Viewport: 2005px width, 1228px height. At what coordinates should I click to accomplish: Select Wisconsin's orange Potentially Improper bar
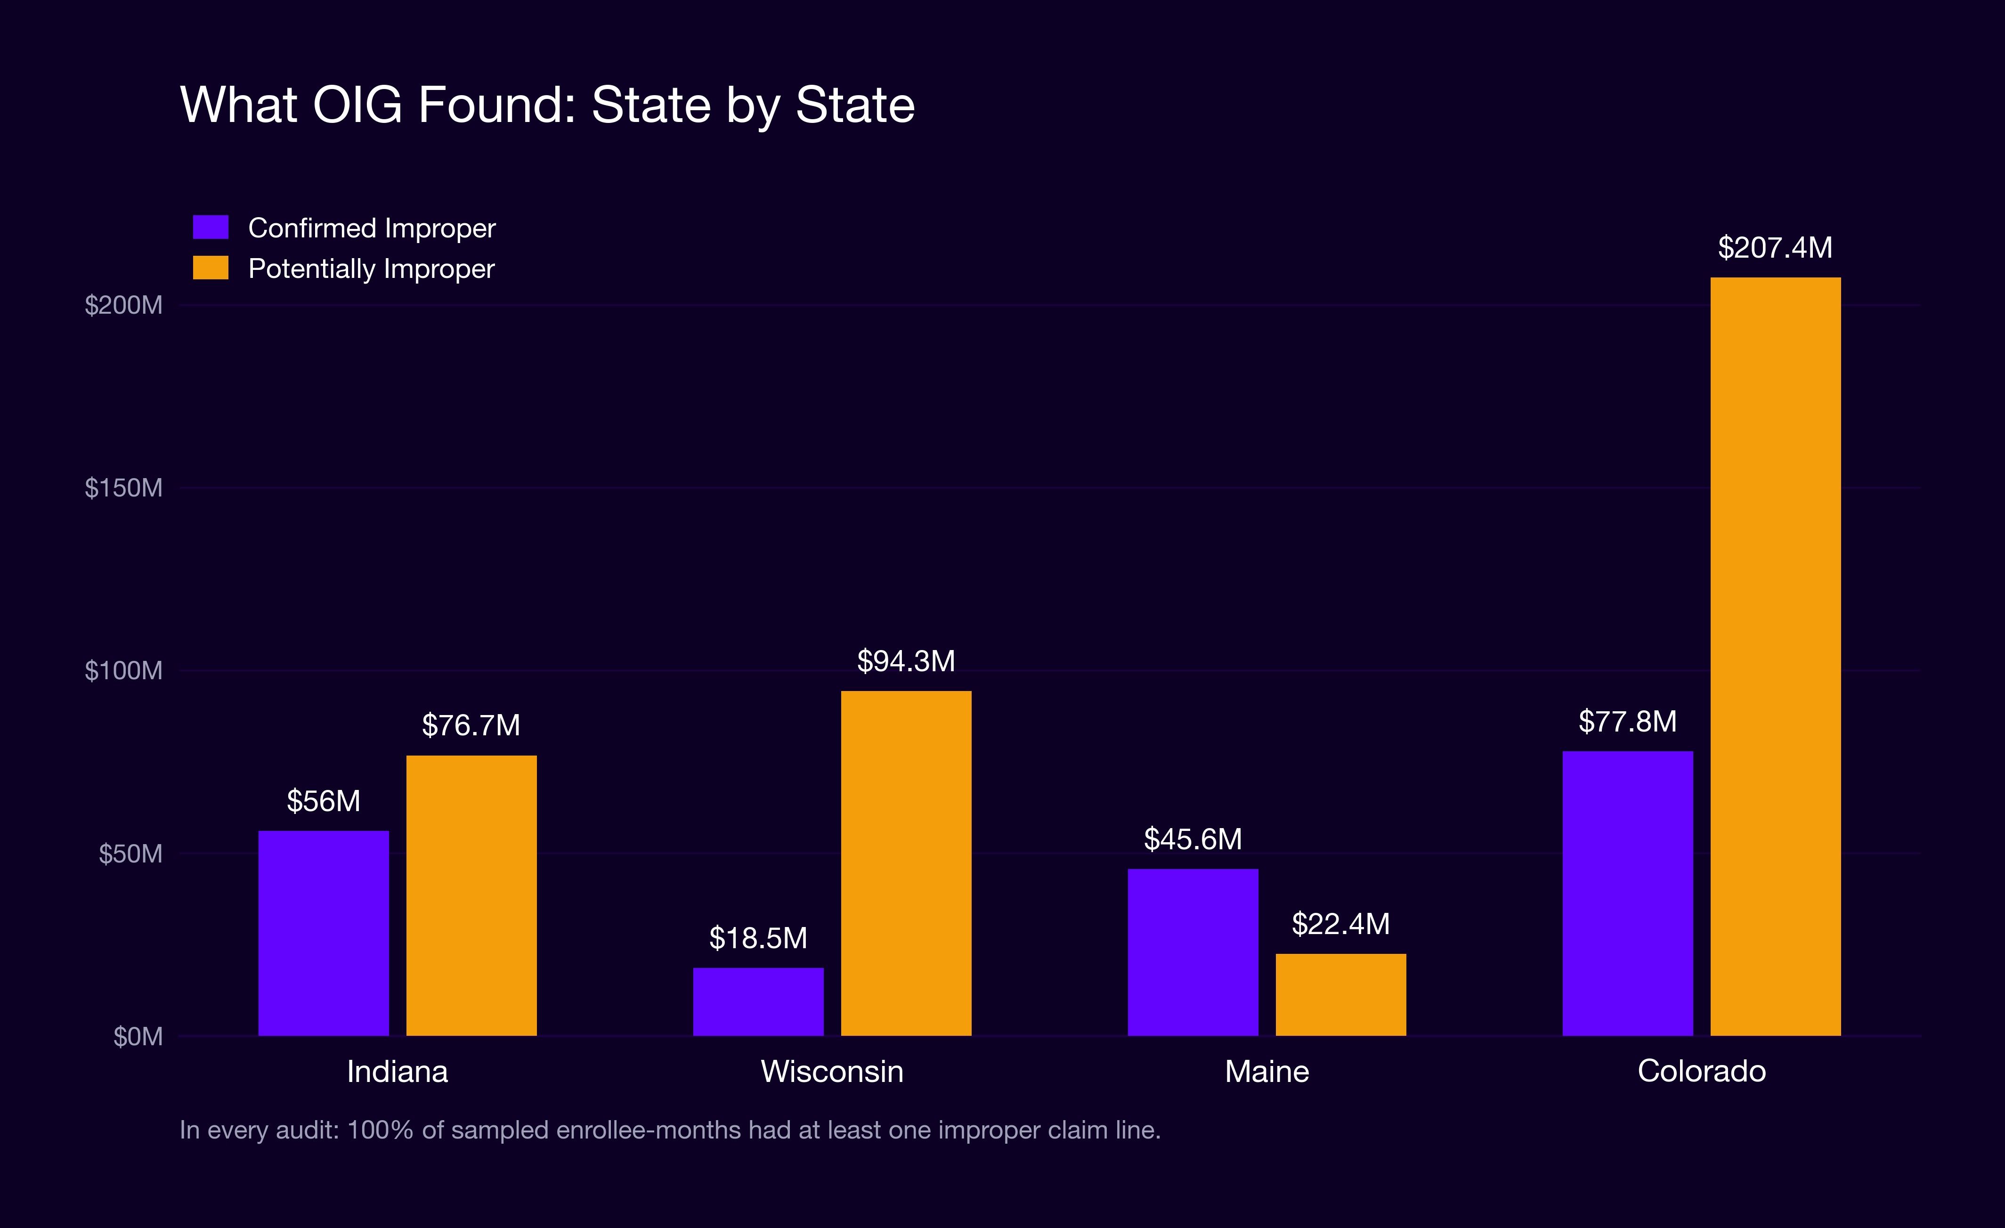point(906,862)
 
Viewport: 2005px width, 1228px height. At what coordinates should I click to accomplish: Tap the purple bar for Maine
point(1193,951)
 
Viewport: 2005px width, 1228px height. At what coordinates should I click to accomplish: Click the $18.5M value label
point(757,938)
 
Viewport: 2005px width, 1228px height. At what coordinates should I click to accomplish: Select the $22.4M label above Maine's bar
point(1340,924)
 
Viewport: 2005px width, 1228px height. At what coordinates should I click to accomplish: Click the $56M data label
point(323,801)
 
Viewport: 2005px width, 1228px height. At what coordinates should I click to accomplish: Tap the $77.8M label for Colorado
point(1627,721)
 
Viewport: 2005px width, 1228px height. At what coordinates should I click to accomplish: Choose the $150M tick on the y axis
point(124,488)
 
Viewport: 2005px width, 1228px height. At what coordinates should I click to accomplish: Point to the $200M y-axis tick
point(124,305)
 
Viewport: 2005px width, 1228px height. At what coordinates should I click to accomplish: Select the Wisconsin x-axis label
point(832,1071)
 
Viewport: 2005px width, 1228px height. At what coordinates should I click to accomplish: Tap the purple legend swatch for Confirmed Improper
point(211,227)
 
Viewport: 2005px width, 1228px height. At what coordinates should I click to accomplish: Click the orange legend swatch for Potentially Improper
point(211,268)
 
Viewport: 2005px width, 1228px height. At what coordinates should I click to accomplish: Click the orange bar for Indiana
point(471,895)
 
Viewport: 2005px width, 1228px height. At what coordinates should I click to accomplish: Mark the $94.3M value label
point(906,661)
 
